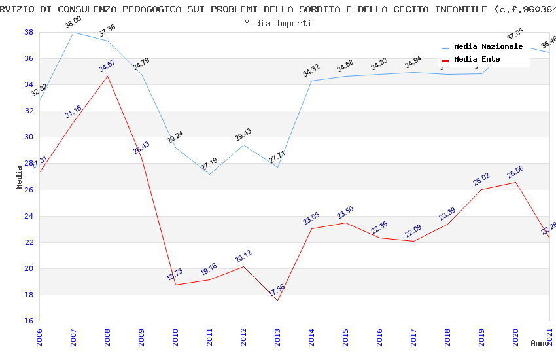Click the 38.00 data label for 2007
[x=73, y=23]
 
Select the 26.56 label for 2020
[x=515, y=171]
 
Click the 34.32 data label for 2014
[x=311, y=70]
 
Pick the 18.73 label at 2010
[x=175, y=274]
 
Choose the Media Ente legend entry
[x=477, y=59]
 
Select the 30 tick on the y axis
[x=29, y=137]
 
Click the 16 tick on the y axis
[x=29, y=321]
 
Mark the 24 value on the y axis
[x=29, y=216]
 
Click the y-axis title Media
[x=20, y=177]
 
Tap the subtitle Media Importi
[x=278, y=23]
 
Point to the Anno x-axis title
[x=540, y=343]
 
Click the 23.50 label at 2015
[x=345, y=213]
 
